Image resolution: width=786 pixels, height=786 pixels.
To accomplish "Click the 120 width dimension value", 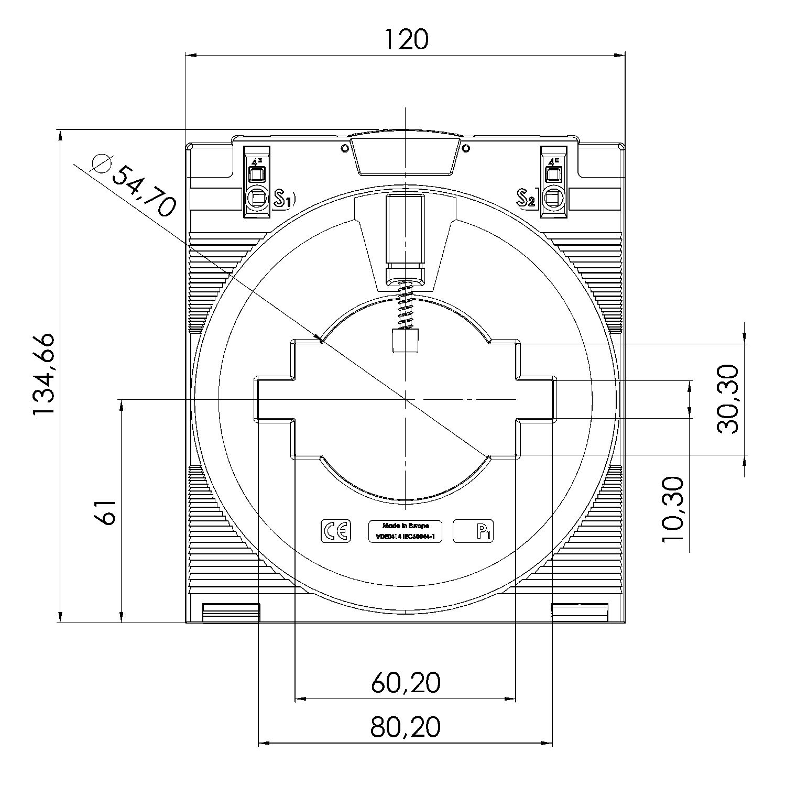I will (x=406, y=39).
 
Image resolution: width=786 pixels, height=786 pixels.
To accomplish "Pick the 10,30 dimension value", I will (x=673, y=509).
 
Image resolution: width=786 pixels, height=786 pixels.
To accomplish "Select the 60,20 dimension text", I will (x=406, y=682).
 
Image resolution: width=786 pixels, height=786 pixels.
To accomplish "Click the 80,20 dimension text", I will (x=406, y=727).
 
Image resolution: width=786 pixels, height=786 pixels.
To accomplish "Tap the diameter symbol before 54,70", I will (x=101, y=164).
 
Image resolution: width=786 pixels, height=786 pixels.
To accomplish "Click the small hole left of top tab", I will (x=344, y=148).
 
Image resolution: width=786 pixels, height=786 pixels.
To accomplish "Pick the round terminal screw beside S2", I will (x=554, y=198).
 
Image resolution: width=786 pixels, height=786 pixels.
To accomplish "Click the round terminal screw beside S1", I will (x=257, y=198).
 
